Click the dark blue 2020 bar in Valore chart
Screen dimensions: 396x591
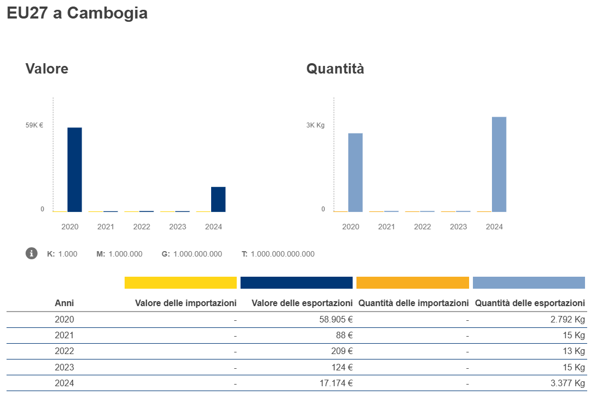click(75, 169)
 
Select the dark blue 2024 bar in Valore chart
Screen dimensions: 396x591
click(218, 199)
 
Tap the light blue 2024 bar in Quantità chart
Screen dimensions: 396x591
click(499, 164)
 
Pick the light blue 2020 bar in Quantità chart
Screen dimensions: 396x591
click(355, 172)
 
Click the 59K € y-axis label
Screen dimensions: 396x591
click(34, 125)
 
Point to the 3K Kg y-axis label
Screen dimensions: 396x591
click(315, 125)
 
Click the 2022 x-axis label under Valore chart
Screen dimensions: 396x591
click(141, 227)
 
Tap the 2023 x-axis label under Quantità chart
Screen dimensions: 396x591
click(458, 227)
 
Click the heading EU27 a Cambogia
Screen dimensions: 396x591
click(77, 13)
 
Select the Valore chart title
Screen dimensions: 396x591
click(47, 69)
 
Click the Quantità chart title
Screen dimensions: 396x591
click(335, 69)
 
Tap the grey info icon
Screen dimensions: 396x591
click(32, 253)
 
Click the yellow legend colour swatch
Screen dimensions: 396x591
click(181, 283)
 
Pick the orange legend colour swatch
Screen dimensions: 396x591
click(413, 283)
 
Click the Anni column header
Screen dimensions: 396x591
click(64, 303)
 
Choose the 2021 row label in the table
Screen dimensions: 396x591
click(64, 336)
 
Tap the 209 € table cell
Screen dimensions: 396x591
click(342, 351)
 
